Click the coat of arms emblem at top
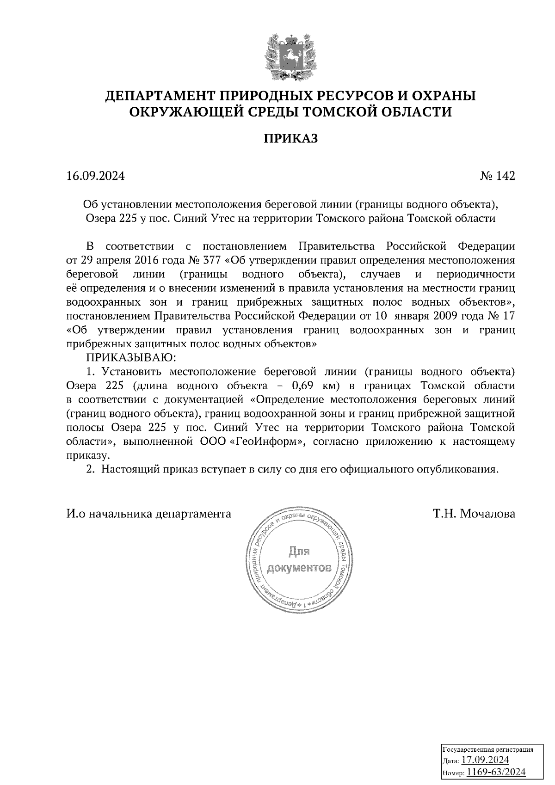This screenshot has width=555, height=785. tap(291, 55)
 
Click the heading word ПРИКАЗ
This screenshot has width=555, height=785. tap(291, 139)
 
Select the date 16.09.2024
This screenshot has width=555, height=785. tap(95, 176)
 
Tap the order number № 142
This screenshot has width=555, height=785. tap(497, 176)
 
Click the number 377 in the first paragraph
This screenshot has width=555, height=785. tap(212, 260)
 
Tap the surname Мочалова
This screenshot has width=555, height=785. tap(488, 514)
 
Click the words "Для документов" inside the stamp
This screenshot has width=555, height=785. tap(299, 560)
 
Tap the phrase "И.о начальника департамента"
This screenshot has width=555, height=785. tap(148, 514)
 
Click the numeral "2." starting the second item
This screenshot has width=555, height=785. tap(91, 470)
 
